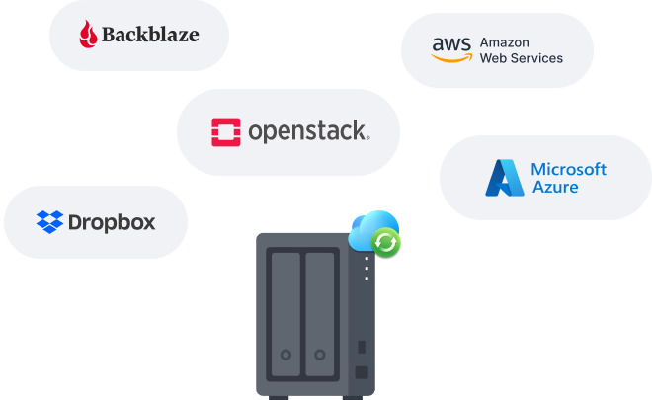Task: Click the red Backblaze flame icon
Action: [88, 35]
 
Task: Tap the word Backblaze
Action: [150, 35]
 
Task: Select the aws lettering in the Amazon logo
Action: [451, 44]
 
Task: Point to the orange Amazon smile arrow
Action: [452, 58]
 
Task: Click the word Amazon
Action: [505, 42]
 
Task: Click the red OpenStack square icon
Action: [226, 132]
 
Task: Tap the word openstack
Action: [307, 131]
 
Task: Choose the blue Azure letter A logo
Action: [505, 178]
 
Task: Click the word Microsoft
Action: [568, 169]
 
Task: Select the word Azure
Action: [555, 187]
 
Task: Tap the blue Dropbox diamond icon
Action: [50, 222]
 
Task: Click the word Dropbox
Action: [112, 223]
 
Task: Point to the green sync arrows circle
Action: [386, 243]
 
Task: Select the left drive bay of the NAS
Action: [285, 314]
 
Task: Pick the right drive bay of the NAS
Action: [320, 314]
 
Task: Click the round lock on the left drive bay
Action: [285, 355]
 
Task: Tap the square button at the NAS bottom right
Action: [362, 372]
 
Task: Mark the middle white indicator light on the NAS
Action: [367, 269]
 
